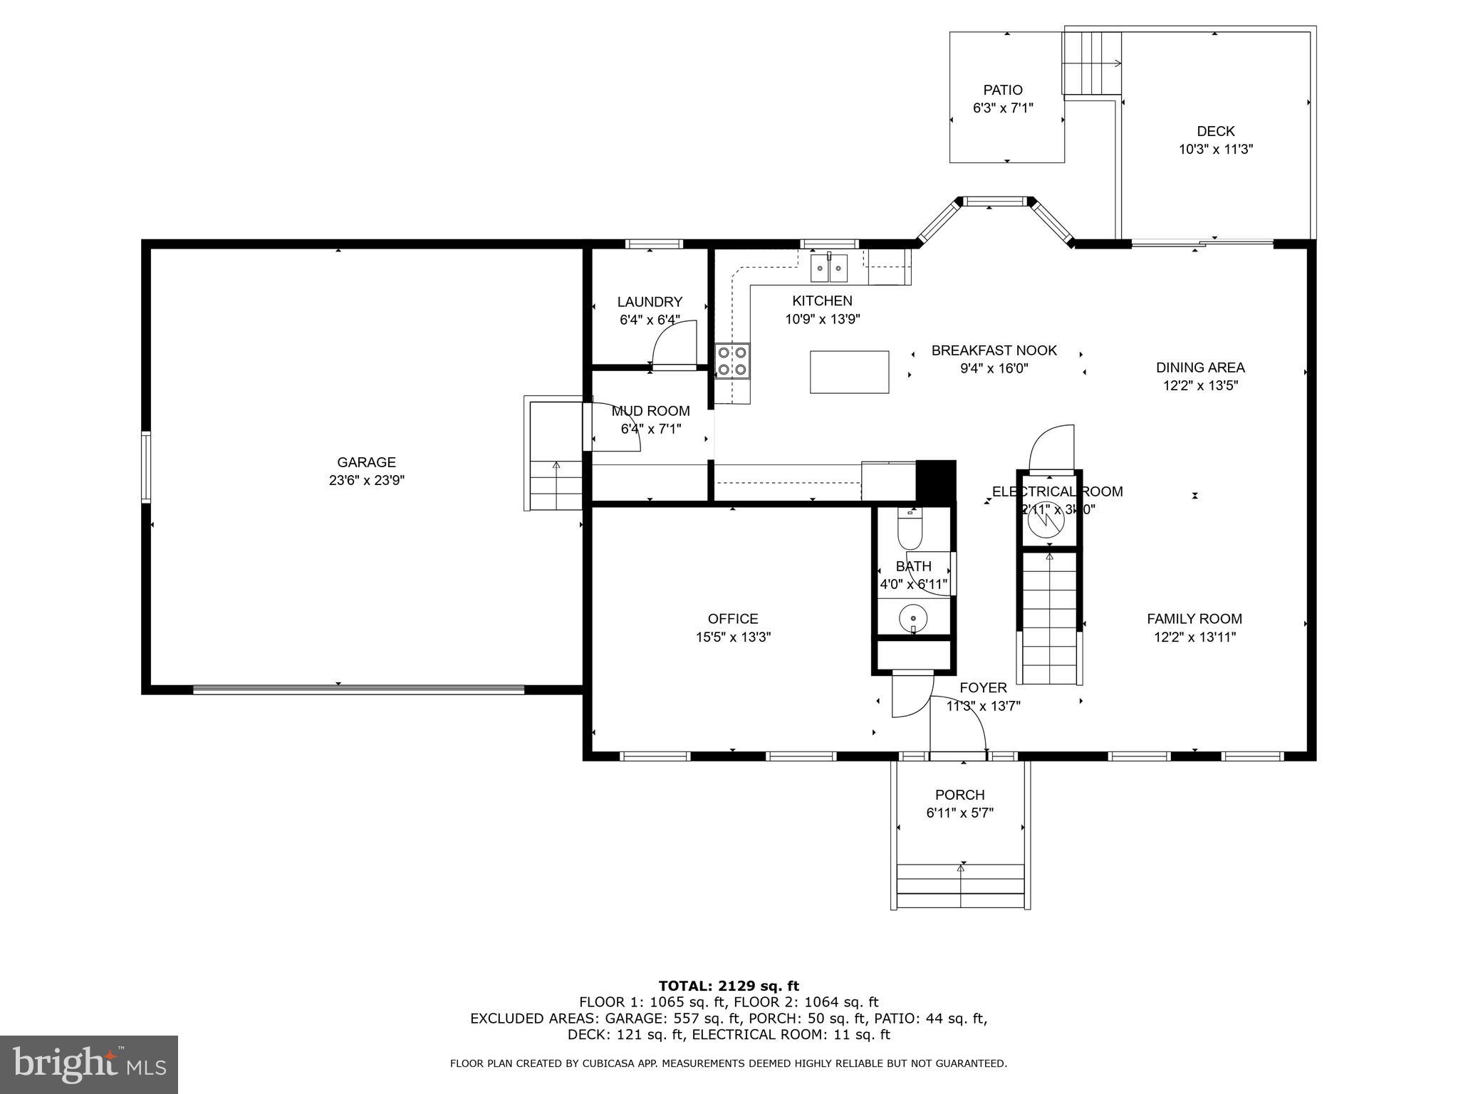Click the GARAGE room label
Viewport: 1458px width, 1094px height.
tap(366, 462)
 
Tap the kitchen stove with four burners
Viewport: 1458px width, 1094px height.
tap(733, 360)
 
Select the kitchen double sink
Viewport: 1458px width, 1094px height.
tap(829, 269)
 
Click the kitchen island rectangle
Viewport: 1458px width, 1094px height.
tap(849, 372)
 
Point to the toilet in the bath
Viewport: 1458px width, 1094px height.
tap(910, 531)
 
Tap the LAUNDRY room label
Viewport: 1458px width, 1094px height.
tap(650, 302)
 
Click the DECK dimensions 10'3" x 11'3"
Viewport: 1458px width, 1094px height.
tap(1215, 150)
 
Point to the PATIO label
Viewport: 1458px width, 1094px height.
tap(1003, 90)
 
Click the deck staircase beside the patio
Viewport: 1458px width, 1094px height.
tap(1091, 63)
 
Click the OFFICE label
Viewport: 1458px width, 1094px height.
tap(733, 619)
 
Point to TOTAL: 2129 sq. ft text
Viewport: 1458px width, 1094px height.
tap(729, 986)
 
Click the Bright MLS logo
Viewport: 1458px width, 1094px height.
tap(89, 1064)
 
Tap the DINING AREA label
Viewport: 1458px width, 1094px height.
tap(1200, 368)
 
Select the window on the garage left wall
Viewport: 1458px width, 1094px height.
tap(146, 467)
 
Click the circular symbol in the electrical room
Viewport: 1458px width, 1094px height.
tap(1046, 521)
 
